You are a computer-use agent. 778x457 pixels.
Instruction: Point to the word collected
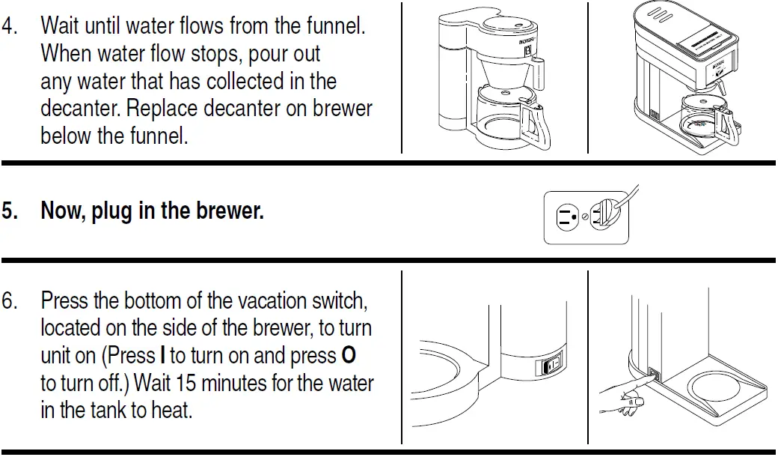[x=249, y=81]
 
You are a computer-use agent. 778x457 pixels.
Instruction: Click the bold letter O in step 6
[x=349, y=356]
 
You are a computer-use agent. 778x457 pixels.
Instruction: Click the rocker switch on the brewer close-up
[x=550, y=366]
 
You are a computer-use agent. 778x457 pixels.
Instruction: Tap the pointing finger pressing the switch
[x=625, y=394]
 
